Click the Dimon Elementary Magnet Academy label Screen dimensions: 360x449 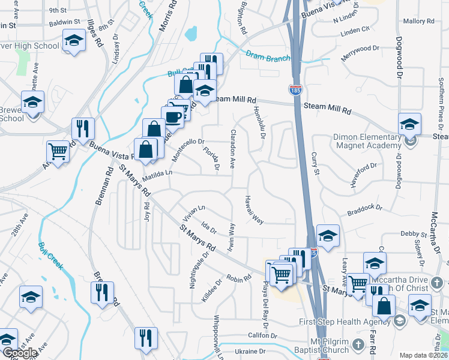367,142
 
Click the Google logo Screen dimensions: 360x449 20,353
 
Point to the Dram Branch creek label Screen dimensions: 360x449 268,57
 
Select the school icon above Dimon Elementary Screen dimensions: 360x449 410,124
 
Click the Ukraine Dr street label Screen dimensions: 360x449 250,351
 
